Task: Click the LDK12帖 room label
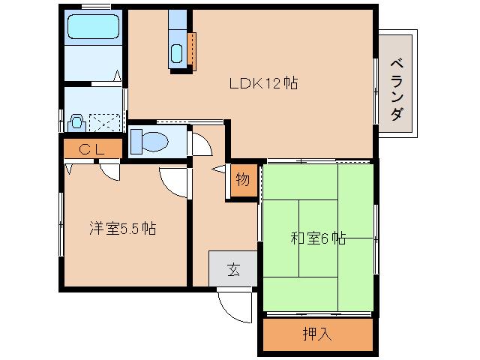pos(263,84)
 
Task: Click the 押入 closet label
pos(317,334)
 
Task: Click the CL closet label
pos(91,148)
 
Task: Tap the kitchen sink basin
pos(177,54)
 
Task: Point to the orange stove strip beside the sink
pos(192,50)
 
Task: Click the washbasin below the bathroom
pos(75,121)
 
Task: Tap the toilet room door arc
pos(200,144)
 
